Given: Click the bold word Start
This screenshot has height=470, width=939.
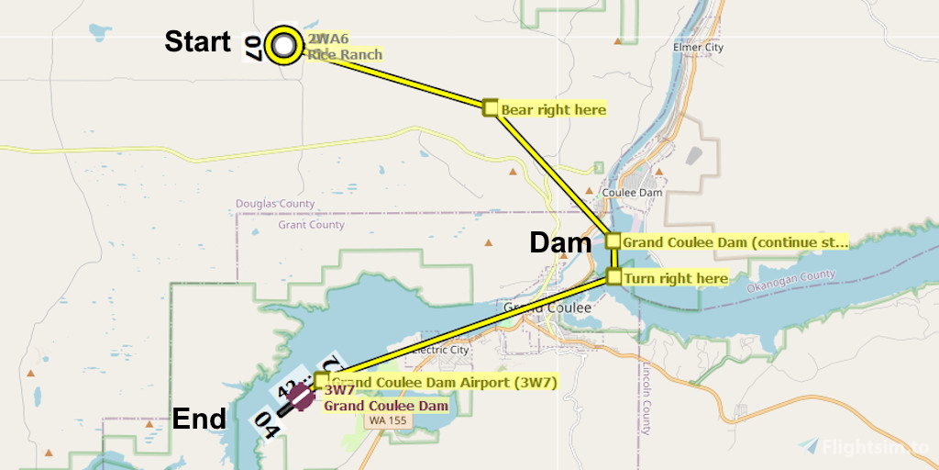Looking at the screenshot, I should pyautogui.click(x=197, y=42).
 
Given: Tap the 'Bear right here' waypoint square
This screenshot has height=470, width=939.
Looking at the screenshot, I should pyautogui.click(x=491, y=108).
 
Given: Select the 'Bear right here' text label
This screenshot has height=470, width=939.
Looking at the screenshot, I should pyautogui.click(x=553, y=110).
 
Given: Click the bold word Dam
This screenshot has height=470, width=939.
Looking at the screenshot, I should pyautogui.click(x=561, y=243).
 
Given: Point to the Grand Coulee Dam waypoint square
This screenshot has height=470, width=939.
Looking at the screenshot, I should pyautogui.click(x=613, y=241).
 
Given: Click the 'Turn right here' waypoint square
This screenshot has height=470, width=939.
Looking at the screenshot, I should pyautogui.click(x=614, y=277).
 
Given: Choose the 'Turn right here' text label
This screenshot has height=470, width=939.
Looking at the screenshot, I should pyautogui.click(x=676, y=278).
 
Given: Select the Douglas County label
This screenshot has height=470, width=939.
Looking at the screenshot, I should pyautogui.click(x=275, y=204).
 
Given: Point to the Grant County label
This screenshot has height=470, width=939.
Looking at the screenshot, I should pyautogui.click(x=312, y=225).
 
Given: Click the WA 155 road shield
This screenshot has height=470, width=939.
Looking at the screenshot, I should pyautogui.click(x=390, y=420).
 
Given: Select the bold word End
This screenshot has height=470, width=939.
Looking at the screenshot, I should pyautogui.click(x=199, y=420).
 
